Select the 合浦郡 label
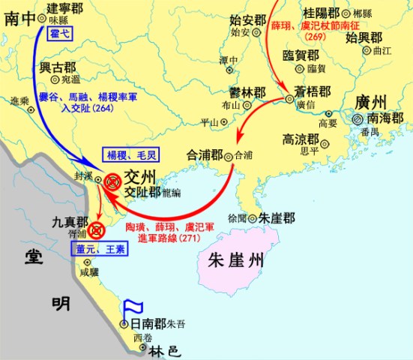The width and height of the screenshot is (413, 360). [x=207, y=157]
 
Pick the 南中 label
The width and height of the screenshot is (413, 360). [x=20, y=20]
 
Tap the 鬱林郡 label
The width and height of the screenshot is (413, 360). [x=249, y=93]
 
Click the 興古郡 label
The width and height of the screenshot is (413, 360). [x=57, y=66]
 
